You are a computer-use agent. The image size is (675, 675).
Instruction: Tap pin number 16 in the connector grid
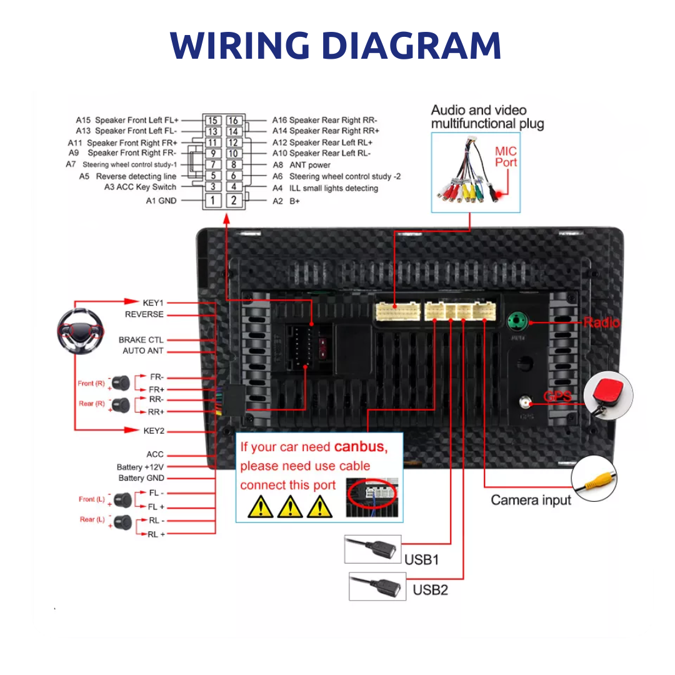tap(233, 120)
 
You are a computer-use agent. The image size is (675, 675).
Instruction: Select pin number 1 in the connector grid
tap(213, 201)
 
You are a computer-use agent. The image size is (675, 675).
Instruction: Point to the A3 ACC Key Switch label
tap(140, 187)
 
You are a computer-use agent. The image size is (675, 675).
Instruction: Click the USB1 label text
tap(421, 559)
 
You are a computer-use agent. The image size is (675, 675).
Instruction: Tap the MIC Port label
tap(506, 157)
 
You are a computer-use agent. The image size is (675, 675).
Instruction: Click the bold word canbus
tap(361, 447)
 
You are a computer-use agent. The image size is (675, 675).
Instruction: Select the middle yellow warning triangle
tap(290, 506)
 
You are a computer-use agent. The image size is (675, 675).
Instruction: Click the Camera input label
tap(531, 500)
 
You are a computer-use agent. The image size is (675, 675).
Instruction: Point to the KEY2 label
tap(154, 431)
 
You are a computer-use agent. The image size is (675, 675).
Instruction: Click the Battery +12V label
tap(140, 467)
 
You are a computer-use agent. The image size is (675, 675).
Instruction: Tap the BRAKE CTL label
tap(141, 340)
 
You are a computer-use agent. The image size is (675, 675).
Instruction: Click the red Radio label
tap(601, 322)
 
